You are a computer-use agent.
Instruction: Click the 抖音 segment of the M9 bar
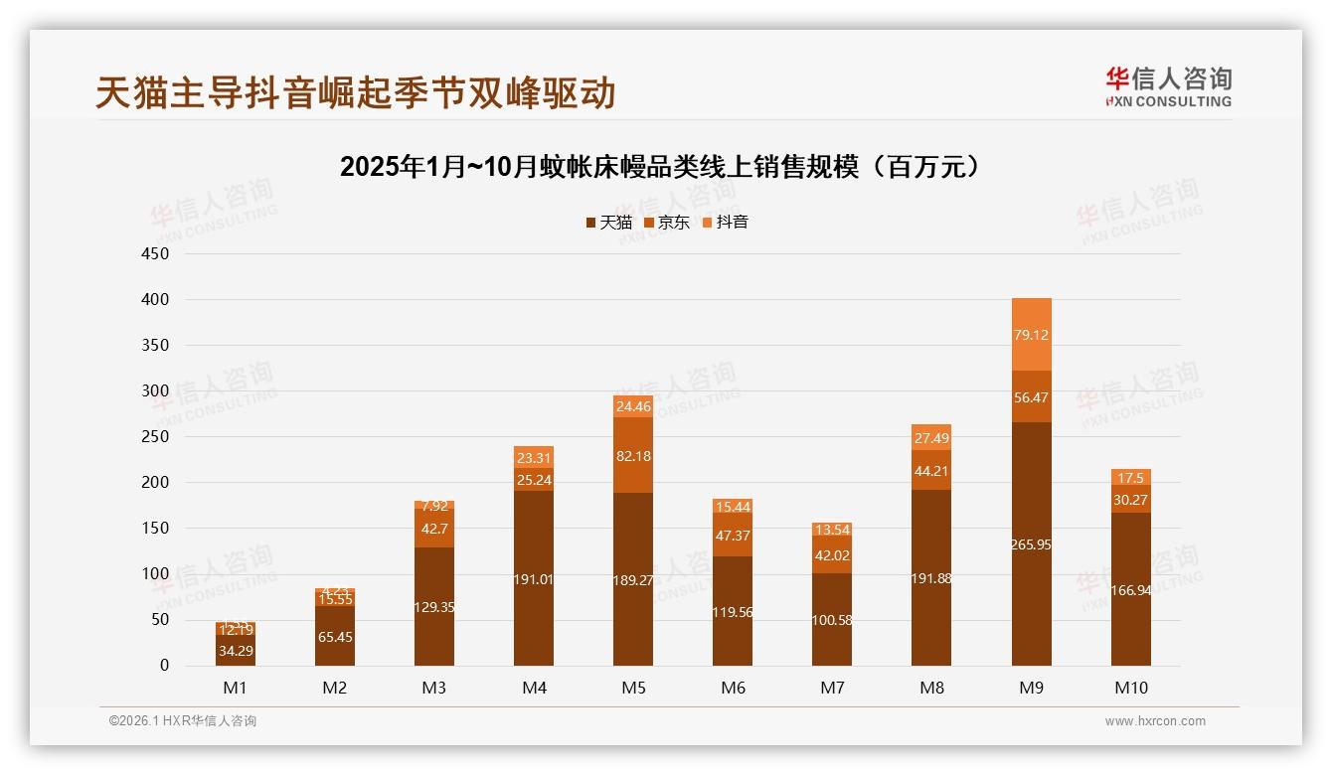click(1031, 334)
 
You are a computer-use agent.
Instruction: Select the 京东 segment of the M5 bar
click(633, 455)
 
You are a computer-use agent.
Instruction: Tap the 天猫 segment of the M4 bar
click(534, 578)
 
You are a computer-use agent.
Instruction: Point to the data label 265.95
click(1031, 545)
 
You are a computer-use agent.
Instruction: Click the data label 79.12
click(1031, 335)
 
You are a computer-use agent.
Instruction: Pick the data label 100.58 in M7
click(832, 621)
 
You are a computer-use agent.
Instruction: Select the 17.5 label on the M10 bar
click(1130, 478)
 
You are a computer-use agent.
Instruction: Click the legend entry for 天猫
click(608, 223)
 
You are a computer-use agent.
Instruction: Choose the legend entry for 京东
click(666, 223)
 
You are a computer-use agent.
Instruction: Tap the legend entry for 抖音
click(725, 223)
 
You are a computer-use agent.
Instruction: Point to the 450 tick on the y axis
click(156, 254)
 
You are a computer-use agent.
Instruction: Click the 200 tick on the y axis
click(156, 483)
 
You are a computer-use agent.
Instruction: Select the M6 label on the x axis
click(733, 688)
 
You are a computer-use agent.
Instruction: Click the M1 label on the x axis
click(236, 688)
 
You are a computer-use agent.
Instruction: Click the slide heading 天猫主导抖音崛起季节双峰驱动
click(356, 92)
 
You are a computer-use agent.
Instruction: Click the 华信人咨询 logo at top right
click(1168, 86)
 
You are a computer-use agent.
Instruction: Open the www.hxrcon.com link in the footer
click(1155, 721)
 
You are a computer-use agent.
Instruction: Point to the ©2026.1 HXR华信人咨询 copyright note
click(183, 721)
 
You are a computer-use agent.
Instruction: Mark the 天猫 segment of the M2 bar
click(335, 636)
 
